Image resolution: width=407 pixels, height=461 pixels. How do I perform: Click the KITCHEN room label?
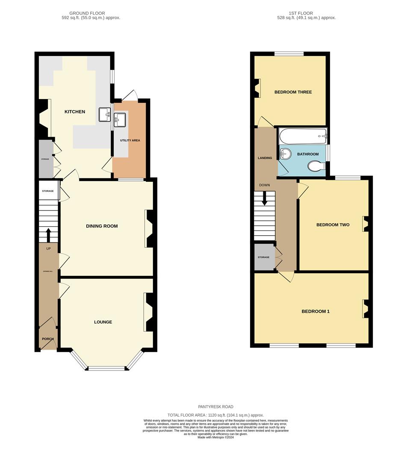pyautogui.click(x=75, y=112)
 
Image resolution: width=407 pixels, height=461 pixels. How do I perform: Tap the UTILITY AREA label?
pyautogui.click(x=130, y=140)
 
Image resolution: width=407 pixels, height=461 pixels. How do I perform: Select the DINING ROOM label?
pyautogui.click(x=102, y=226)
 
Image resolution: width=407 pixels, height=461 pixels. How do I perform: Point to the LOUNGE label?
pyautogui.click(x=103, y=322)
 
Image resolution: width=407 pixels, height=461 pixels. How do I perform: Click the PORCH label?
pyautogui.click(x=48, y=339)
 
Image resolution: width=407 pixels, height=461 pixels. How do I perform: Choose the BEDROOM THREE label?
pyautogui.click(x=293, y=92)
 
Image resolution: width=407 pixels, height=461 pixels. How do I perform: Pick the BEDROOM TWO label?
pyautogui.click(x=333, y=225)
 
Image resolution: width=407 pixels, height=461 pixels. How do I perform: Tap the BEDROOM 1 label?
pyautogui.click(x=316, y=312)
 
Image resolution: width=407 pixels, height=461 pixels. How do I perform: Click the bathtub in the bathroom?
pyautogui.click(x=303, y=137)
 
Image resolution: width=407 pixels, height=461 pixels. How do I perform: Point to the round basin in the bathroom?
pyautogui.click(x=285, y=154)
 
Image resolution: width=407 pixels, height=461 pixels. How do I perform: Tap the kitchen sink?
pyautogui.click(x=104, y=114)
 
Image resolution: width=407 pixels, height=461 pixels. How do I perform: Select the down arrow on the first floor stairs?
pyautogui.click(x=265, y=198)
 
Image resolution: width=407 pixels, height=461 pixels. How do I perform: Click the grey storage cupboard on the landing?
pyautogui.click(x=263, y=257)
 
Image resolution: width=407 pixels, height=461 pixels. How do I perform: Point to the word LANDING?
pyautogui.click(x=265, y=158)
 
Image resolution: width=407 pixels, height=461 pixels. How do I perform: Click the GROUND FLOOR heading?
pyautogui.click(x=87, y=13)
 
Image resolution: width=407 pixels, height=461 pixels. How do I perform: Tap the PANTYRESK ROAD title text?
pyautogui.click(x=216, y=407)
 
